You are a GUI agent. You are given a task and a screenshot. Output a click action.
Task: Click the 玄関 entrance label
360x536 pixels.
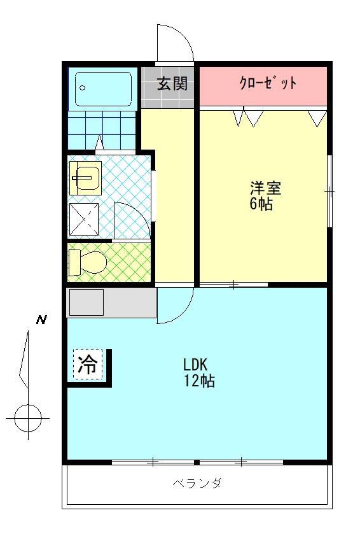coord(172,84)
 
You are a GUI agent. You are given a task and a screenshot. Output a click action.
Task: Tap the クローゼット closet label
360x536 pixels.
coord(268,83)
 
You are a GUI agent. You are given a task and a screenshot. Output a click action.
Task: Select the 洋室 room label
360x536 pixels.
coord(265,188)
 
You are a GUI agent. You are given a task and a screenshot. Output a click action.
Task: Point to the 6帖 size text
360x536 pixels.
coord(261,204)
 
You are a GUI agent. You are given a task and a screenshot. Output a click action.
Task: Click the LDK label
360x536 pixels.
coord(196,365)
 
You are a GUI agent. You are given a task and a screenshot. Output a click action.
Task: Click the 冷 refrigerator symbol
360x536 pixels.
coord(88,365)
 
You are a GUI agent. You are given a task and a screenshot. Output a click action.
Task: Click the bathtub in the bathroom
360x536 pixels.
coord(103,89)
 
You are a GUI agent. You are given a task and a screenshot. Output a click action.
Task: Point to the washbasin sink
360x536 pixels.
coord(85,177)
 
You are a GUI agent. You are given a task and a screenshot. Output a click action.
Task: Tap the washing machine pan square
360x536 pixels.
coord(84,220)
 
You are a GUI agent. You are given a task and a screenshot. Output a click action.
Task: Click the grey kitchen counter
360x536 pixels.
coord(111,302)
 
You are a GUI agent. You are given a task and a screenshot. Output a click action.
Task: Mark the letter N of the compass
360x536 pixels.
coord(41,320)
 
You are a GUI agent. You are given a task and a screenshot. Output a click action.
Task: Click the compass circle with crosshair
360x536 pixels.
coord(27,418)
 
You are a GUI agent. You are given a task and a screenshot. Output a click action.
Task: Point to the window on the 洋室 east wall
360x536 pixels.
coord(329,190)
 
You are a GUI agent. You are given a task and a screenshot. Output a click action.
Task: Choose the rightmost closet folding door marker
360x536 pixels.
coord(317,117)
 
